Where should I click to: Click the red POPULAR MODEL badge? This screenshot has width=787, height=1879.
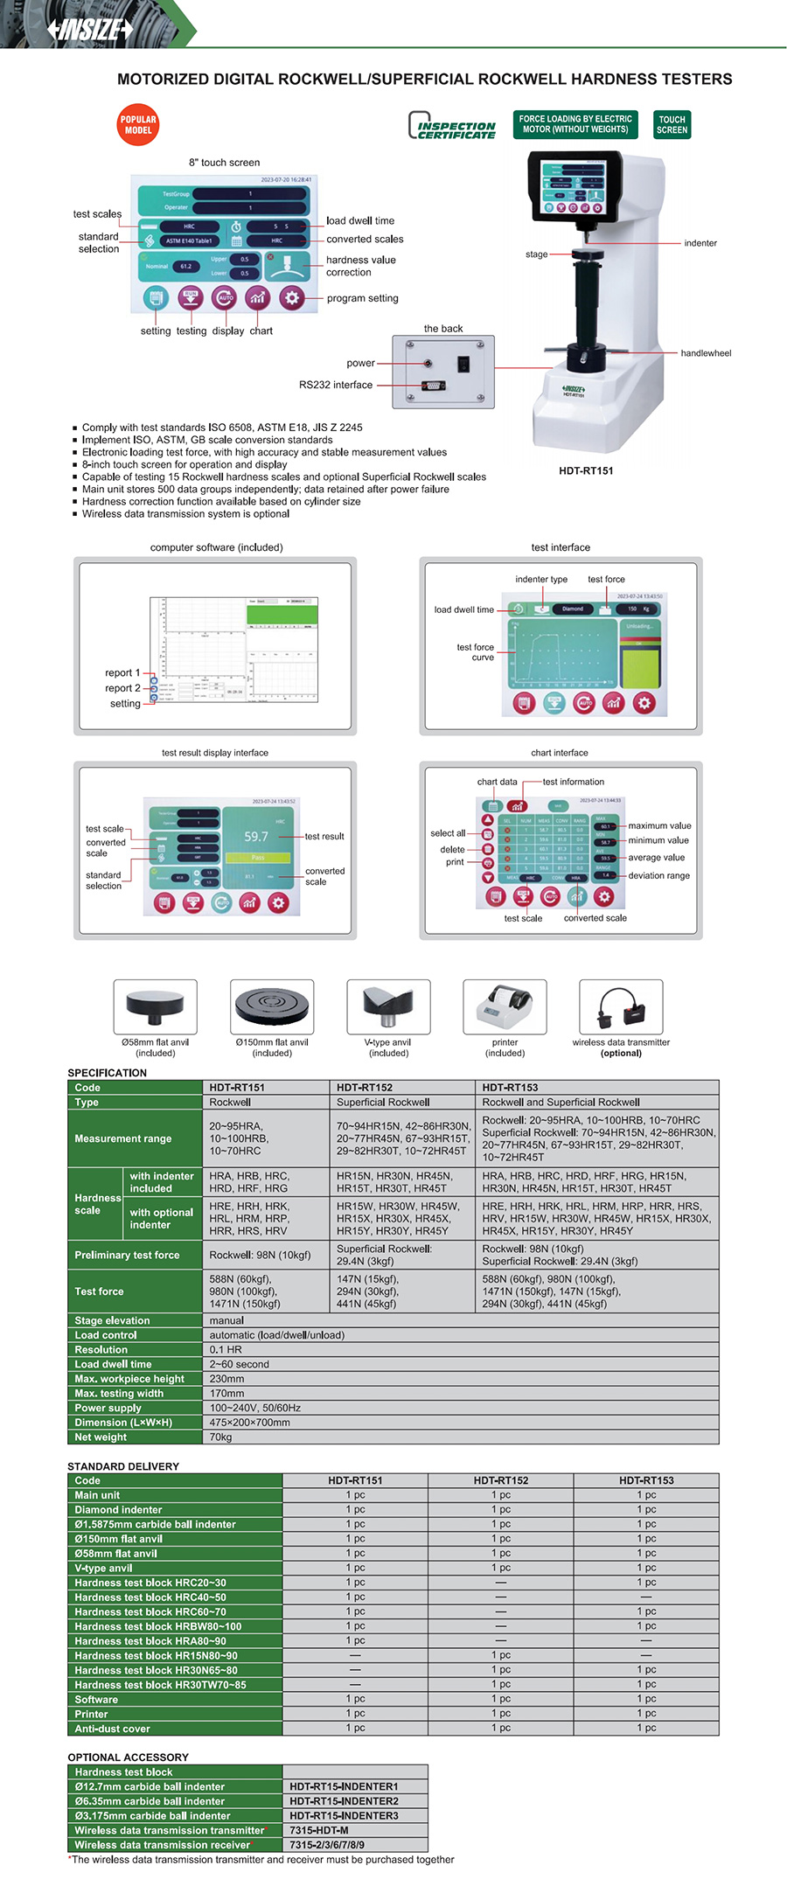pos(137,125)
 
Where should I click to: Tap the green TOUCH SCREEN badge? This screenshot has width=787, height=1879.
pos(672,124)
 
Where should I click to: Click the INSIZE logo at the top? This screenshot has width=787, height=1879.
pos(91,30)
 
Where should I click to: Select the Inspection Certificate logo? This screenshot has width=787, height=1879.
pos(452,126)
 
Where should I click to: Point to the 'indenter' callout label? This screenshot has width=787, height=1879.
pos(700,243)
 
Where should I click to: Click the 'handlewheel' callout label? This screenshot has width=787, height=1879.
pos(706,353)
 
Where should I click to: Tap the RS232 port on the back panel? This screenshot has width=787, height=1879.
pos(432,386)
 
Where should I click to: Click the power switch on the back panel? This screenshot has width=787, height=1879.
pos(464,364)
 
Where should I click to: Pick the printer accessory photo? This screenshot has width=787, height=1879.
pos(505,1007)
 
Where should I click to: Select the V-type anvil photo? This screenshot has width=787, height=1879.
pos(388,1007)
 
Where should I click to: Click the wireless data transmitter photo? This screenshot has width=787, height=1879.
pos(621,1007)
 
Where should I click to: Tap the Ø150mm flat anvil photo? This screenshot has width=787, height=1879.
pos(272,1007)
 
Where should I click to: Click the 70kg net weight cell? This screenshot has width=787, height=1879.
pos(220,1437)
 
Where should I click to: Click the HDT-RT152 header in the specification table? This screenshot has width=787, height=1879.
pos(365,1088)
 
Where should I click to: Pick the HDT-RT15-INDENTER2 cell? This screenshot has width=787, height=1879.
pos(344,1801)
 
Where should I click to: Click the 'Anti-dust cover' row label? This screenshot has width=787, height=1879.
pos(112,1729)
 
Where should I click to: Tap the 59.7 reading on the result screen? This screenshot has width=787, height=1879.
pos(256,837)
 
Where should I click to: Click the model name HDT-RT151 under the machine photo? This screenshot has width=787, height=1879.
pos(586,470)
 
